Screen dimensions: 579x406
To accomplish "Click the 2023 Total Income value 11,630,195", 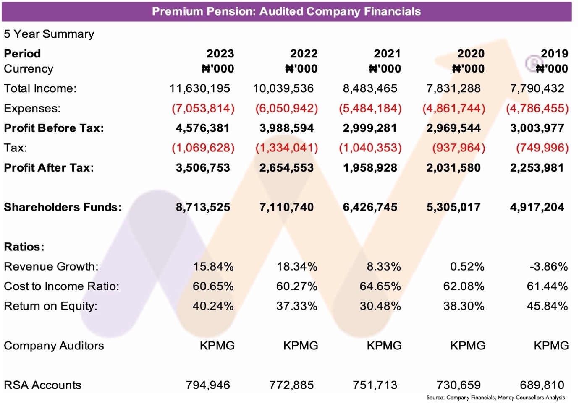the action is coord(199,88).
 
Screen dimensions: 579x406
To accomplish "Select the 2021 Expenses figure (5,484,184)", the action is coord(370,108).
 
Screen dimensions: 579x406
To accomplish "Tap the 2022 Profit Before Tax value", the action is coord(286,128).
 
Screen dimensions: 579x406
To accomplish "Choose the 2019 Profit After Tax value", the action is coord(537,168).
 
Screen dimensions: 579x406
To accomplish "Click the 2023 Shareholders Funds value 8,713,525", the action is coord(203,207).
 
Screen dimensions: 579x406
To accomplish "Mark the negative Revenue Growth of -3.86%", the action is coord(548,266).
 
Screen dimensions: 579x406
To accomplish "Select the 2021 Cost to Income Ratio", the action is coord(380,286).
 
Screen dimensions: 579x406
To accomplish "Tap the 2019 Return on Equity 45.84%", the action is coord(547,306).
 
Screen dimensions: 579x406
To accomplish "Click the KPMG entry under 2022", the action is coord(301,346).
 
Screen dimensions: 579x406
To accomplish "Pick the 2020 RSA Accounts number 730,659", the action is coord(458,385).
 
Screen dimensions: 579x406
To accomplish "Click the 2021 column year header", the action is coord(387,54).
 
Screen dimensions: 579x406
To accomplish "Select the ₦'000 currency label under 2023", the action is coord(217,69).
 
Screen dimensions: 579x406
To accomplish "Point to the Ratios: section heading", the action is coord(24,247).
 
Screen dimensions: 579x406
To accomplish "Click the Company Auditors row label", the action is coord(54,346).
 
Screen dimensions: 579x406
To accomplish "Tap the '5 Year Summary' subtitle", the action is coord(49,34).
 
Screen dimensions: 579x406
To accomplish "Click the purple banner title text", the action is coord(286,12).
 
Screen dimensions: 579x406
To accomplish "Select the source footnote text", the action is coord(495,398).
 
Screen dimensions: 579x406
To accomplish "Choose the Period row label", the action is coord(22,54).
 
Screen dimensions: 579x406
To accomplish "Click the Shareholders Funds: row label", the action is coord(63,207).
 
